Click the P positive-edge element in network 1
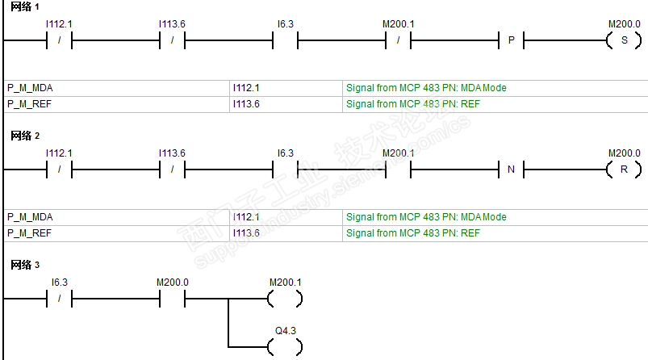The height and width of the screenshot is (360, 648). click(511, 40)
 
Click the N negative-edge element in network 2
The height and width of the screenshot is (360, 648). click(511, 170)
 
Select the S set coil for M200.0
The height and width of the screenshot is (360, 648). click(624, 40)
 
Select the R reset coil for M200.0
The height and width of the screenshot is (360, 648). click(624, 170)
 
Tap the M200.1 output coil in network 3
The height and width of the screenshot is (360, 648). click(285, 299)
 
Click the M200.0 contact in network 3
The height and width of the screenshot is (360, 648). click(173, 299)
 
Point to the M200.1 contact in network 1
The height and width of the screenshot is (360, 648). click(398, 40)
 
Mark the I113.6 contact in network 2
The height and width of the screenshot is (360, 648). click(173, 170)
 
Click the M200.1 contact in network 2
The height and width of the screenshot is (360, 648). click(398, 170)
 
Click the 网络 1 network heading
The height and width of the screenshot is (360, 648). click(25, 6)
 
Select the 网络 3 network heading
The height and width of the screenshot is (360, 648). click(25, 265)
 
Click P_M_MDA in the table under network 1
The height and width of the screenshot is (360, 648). click(31, 88)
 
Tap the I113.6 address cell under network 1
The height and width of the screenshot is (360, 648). click(246, 104)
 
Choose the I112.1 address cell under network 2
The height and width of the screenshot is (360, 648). click(246, 217)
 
